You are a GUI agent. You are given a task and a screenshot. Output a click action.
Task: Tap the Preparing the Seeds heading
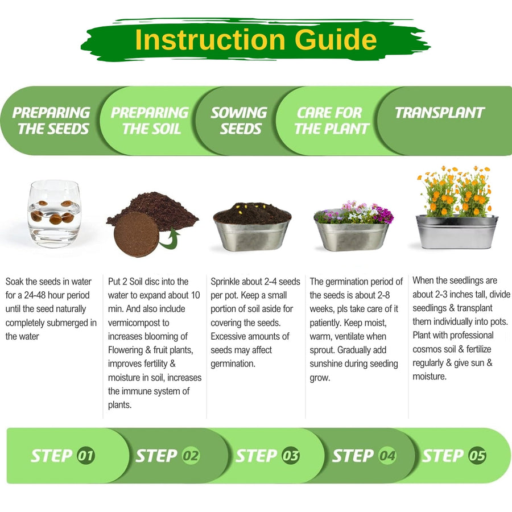tap(52, 121)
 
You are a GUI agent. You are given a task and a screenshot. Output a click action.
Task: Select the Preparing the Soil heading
tap(150, 121)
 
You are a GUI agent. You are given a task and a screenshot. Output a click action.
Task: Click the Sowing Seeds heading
tap(240, 121)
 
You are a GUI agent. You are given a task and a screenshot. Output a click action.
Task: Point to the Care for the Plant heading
tap(332, 121)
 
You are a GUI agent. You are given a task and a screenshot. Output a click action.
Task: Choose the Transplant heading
tap(440, 113)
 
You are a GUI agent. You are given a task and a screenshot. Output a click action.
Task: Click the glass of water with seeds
tap(54, 214)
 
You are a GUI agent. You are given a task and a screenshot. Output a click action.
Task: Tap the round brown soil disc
tap(137, 234)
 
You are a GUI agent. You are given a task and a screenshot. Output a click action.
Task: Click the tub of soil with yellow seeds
tap(252, 226)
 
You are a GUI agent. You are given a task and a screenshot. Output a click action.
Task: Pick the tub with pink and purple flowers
tap(353, 226)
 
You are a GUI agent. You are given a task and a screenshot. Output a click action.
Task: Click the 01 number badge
tap(86, 456)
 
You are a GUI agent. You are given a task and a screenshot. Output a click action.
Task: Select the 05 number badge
tap(477, 456)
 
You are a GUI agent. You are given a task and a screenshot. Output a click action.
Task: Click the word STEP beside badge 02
tap(156, 456)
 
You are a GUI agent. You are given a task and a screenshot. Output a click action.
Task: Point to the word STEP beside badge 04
tap(353, 456)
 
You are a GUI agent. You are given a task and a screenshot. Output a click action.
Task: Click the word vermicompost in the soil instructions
tap(138, 323)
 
